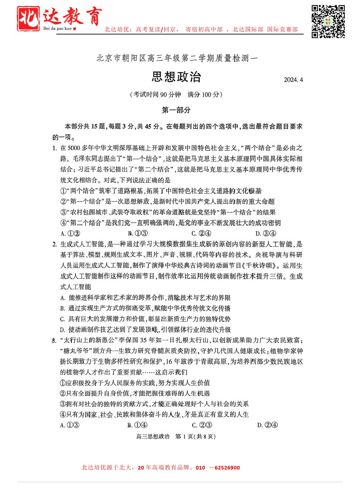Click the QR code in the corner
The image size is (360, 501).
click(328, 22)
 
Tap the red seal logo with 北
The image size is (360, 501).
click(28, 19)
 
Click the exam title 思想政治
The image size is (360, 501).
click(176, 77)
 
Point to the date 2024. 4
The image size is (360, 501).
click(293, 80)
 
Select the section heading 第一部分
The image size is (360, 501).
click(176, 110)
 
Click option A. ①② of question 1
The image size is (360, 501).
click(70, 234)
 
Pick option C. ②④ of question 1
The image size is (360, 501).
click(201, 234)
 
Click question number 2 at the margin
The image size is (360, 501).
click(55, 245)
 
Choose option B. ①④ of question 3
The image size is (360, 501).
click(137, 425)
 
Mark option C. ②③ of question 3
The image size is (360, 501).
click(202, 425)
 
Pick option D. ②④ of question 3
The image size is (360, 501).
click(267, 425)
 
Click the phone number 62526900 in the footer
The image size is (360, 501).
click(227, 468)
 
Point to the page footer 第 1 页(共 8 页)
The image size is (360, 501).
click(195, 436)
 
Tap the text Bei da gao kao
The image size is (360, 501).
click(57, 28)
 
